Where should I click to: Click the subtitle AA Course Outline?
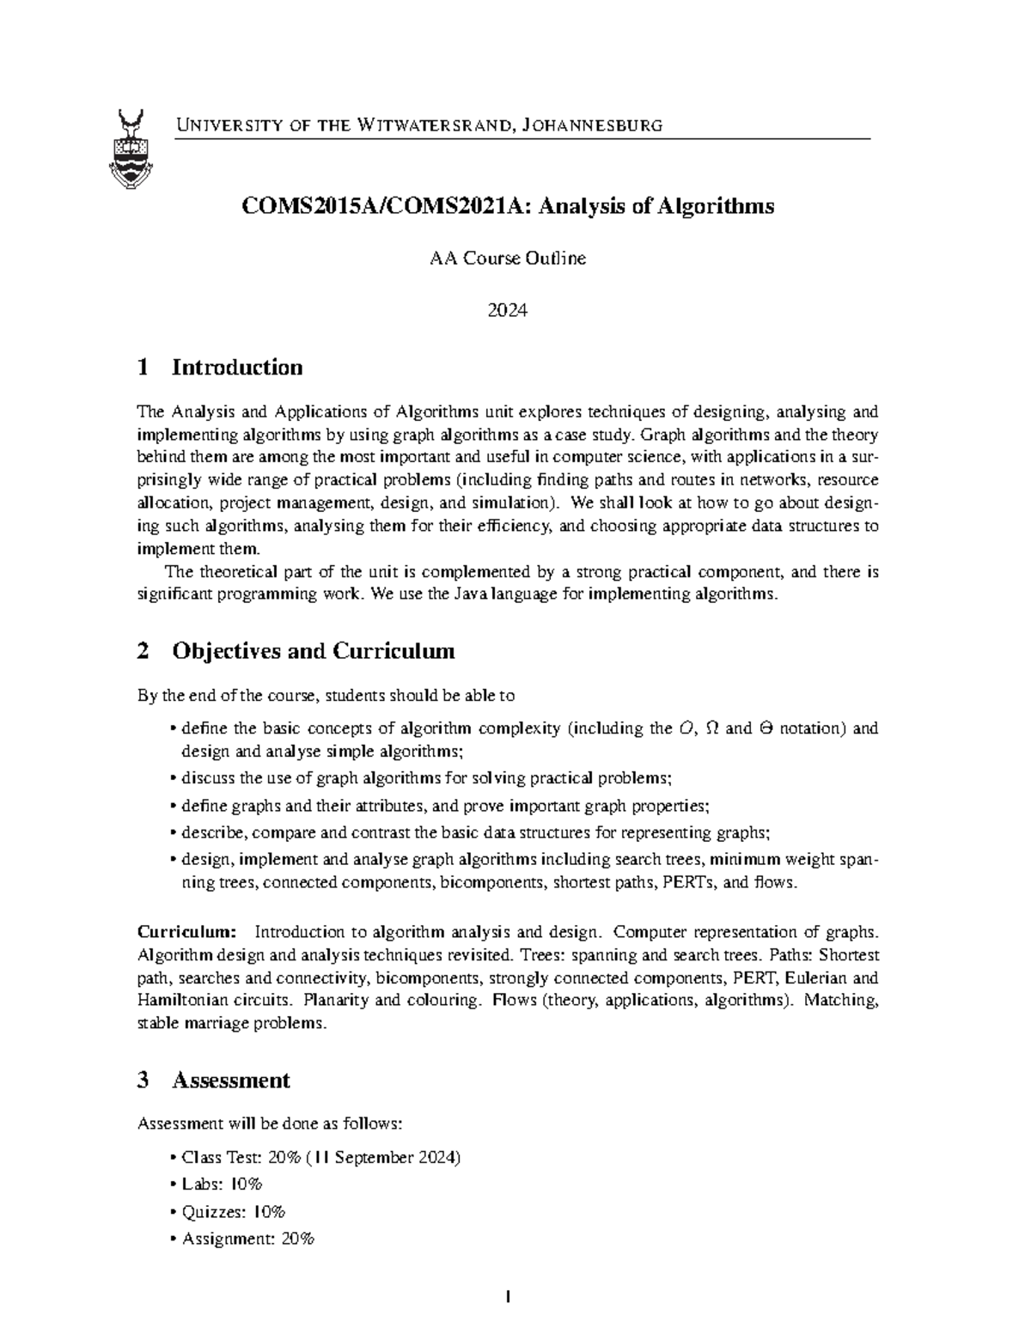tap(508, 258)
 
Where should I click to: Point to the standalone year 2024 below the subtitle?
tap(507, 310)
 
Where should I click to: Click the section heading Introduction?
tap(237, 368)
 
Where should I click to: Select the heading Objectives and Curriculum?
tap(313, 651)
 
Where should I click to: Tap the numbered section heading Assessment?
tap(230, 1080)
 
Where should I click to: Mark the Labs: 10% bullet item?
tap(222, 1184)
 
